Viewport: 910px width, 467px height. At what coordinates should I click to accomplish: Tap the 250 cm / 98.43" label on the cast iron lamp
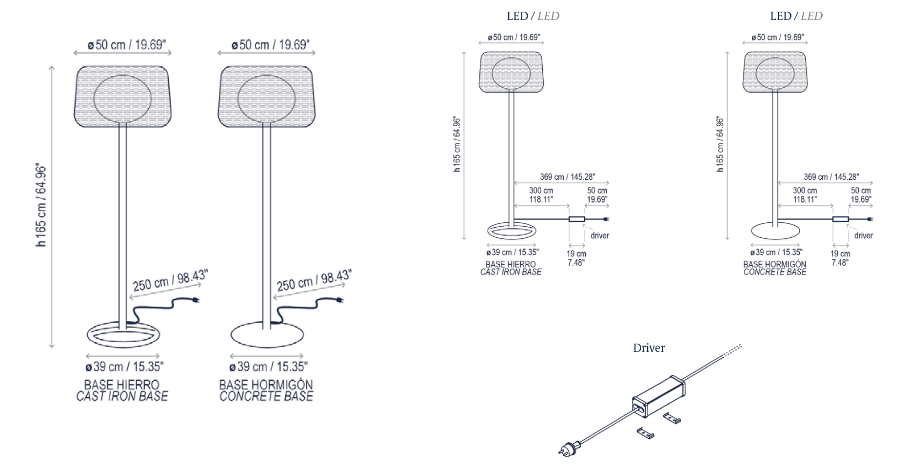click(170, 281)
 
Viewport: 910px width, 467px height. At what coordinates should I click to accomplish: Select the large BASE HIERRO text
click(122, 385)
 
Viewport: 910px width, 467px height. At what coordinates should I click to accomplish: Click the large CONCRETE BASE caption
click(266, 396)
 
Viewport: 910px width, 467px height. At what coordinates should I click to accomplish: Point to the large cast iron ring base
click(122, 335)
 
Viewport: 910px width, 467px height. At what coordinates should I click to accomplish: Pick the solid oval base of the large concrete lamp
click(267, 335)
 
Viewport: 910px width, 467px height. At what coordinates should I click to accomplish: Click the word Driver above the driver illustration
click(649, 348)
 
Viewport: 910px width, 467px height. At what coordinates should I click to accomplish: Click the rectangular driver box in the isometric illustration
click(658, 397)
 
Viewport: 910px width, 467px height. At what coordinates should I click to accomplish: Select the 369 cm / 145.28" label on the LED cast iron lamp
click(567, 177)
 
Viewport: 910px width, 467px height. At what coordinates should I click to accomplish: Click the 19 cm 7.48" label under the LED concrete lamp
click(840, 258)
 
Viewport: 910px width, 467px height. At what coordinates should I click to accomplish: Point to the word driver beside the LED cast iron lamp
click(599, 235)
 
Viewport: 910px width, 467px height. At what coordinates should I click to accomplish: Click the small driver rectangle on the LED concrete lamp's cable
click(840, 219)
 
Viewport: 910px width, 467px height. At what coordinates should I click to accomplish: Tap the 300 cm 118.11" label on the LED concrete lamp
click(805, 195)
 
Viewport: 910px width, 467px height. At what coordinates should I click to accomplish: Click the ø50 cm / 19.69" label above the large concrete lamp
click(270, 45)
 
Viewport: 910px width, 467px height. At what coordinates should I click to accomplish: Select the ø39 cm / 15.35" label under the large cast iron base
click(124, 367)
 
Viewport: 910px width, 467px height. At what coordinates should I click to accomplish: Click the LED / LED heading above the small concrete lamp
click(796, 16)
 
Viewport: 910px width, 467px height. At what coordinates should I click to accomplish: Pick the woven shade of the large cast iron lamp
click(122, 96)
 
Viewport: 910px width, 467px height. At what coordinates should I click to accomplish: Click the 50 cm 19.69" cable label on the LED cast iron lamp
click(597, 195)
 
